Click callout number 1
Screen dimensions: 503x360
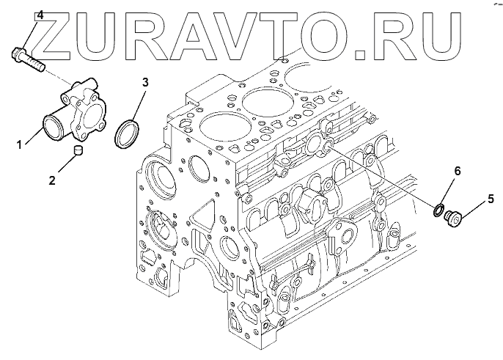tap(19, 144)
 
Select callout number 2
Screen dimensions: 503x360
tap(52, 180)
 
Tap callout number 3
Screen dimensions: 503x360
tap(145, 82)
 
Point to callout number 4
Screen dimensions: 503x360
tap(40, 15)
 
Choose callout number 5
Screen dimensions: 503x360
tap(491, 199)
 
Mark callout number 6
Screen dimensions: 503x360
tap(457, 172)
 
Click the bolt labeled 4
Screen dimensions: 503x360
tap(28, 59)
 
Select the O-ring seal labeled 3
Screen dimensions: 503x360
tap(127, 133)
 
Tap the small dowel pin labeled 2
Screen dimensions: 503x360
tap(78, 150)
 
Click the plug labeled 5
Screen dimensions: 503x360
tap(452, 219)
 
